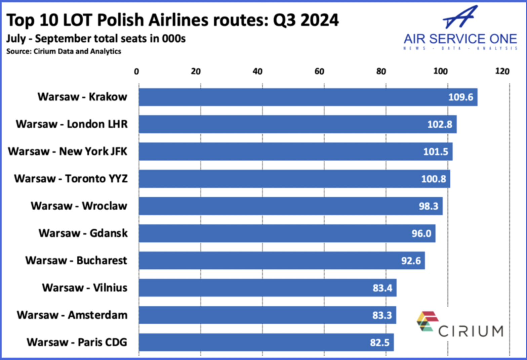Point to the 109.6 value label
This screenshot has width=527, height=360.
[x=460, y=97]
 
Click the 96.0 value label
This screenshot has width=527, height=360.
[x=421, y=233]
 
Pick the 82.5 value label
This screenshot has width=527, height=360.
[x=379, y=343]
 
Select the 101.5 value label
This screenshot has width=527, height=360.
[x=435, y=151]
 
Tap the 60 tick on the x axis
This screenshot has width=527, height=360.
[x=319, y=71]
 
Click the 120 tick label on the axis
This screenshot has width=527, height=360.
[x=502, y=71]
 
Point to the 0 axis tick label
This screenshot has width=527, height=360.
[x=136, y=71]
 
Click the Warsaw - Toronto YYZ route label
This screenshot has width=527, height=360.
[x=71, y=179]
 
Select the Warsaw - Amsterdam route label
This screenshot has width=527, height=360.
[x=72, y=315]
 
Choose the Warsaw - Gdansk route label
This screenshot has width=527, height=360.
[x=83, y=233]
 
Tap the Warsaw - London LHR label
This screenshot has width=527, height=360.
[x=72, y=124]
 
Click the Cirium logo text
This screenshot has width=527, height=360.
[x=471, y=331]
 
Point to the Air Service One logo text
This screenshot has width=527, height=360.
[x=460, y=39]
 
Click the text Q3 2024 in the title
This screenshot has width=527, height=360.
[x=306, y=20]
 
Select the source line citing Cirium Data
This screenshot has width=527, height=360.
[x=64, y=51]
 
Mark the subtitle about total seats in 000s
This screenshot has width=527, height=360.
[x=96, y=39]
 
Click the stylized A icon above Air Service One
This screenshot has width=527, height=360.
[x=460, y=17]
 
